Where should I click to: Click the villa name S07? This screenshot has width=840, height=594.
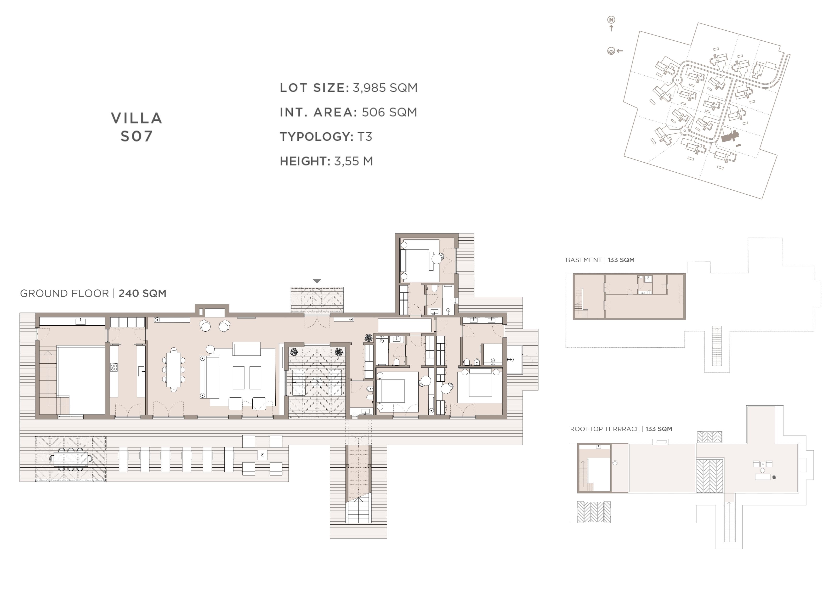click(x=136, y=136)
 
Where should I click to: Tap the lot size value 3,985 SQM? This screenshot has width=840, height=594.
click(x=385, y=88)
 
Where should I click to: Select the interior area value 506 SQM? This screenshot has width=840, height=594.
click(x=389, y=112)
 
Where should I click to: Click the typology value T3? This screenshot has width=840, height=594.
click(x=365, y=137)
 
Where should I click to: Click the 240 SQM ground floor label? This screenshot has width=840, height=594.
click(x=142, y=293)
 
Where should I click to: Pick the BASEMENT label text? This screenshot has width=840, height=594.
click(x=584, y=260)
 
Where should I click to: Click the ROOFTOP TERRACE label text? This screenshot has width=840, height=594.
click(x=605, y=429)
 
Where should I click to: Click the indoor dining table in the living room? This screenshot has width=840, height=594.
click(x=173, y=369)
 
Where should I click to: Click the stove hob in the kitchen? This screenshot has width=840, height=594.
click(x=114, y=367)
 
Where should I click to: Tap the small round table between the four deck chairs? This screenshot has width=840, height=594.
click(x=262, y=455)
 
